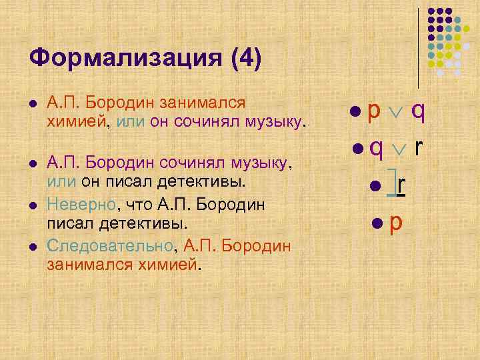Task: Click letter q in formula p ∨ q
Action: [418, 111]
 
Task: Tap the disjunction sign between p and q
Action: [396, 111]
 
